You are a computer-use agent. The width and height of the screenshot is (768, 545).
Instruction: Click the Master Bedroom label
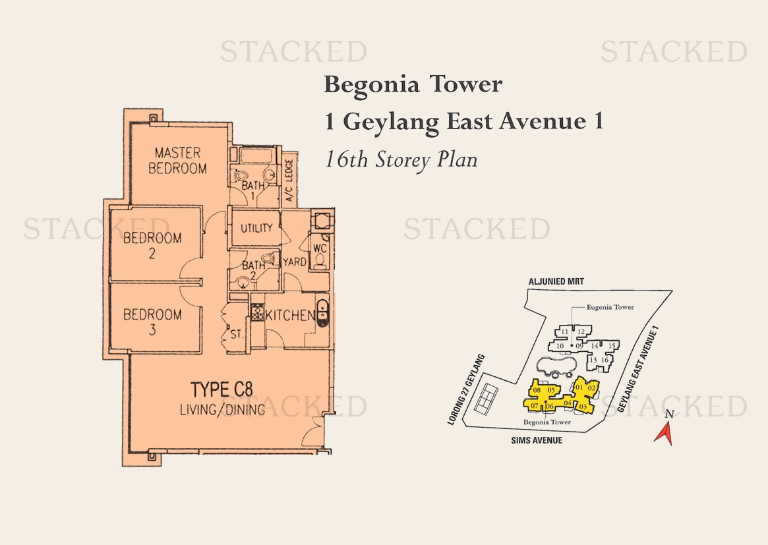click(x=178, y=161)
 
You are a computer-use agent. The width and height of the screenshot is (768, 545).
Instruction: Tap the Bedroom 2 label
click(x=152, y=245)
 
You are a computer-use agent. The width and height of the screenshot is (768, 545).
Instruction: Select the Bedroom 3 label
click(x=152, y=322)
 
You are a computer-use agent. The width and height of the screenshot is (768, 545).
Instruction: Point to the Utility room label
click(x=256, y=228)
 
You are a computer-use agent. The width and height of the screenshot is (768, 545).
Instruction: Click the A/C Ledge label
click(x=289, y=180)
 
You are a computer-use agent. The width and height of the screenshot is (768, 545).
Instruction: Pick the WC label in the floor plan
click(x=320, y=248)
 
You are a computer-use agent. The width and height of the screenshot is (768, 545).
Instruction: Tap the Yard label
click(x=295, y=262)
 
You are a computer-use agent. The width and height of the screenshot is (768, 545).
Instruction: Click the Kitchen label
click(x=290, y=316)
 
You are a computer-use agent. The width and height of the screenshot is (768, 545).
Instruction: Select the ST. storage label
click(x=237, y=335)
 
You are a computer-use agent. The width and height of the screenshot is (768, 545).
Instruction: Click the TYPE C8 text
click(x=222, y=389)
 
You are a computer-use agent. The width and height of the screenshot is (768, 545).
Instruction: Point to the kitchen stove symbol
click(x=258, y=312)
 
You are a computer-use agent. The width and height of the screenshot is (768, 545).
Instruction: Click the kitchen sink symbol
click(x=323, y=312)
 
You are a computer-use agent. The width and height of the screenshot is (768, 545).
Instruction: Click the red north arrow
click(x=664, y=434)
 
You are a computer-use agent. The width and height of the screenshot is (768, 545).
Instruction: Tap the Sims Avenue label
click(x=537, y=440)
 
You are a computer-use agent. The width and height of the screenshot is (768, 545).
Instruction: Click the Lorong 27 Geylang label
click(x=466, y=389)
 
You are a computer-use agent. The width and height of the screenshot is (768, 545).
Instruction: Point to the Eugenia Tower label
click(x=610, y=307)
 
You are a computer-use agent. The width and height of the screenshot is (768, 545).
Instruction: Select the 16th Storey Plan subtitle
click(x=401, y=159)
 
